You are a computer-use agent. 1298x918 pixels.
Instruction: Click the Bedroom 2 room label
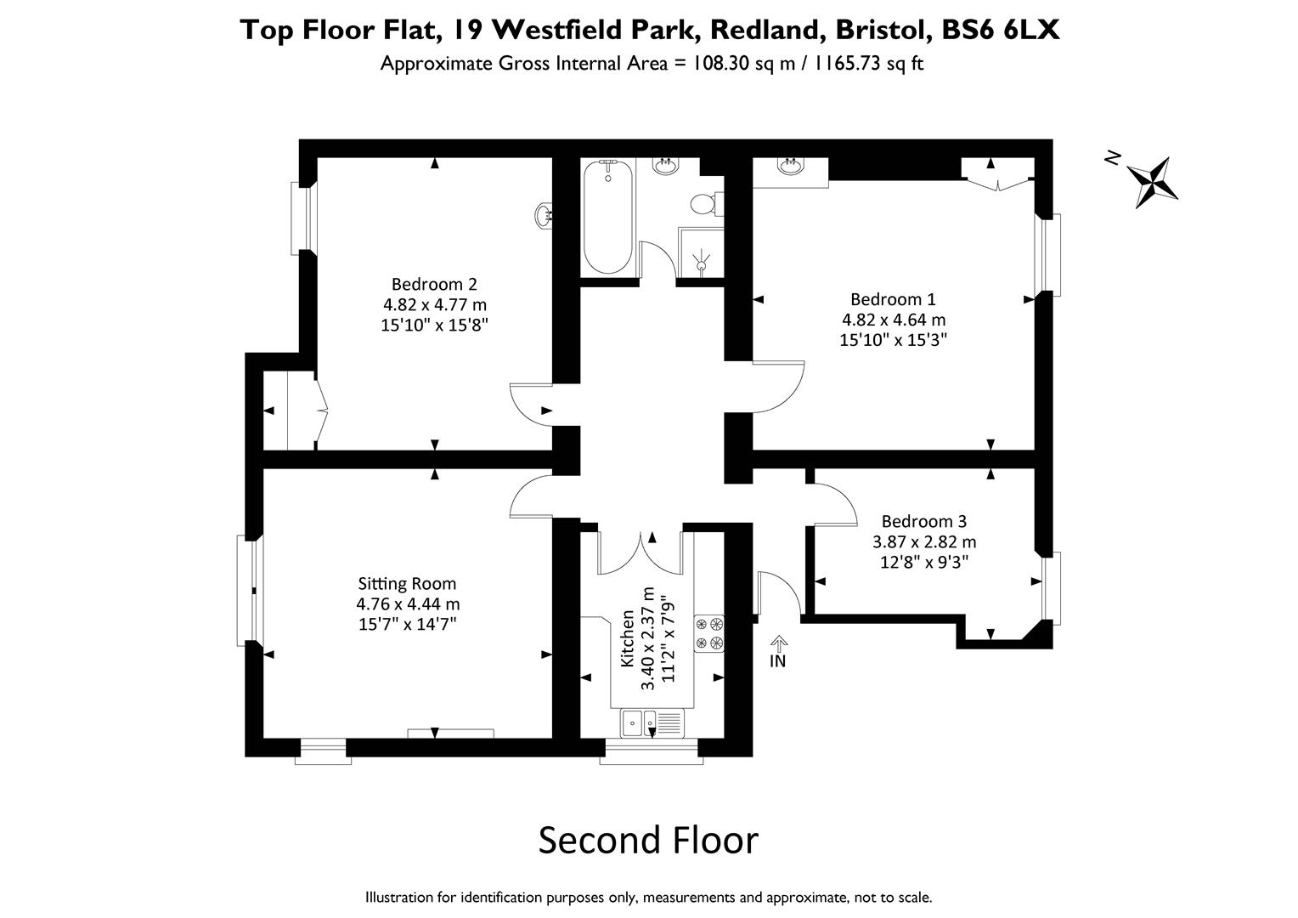(x=434, y=284)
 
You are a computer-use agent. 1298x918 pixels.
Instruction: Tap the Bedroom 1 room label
(x=893, y=299)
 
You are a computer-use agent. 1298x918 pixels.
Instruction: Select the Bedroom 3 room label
(x=923, y=521)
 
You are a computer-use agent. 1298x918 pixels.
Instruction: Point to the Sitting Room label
(x=407, y=584)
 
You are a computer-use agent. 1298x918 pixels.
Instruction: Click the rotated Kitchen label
(x=628, y=637)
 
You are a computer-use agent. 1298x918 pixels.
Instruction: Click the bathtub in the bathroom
(x=607, y=217)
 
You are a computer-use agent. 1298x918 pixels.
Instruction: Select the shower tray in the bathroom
(x=701, y=252)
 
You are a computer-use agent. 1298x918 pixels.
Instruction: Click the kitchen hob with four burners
(x=709, y=633)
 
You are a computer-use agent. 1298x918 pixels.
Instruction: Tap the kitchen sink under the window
(x=651, y=723)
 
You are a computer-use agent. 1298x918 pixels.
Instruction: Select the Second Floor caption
(x=648, y=840)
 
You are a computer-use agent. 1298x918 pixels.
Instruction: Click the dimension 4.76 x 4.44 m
(x=408, y=604)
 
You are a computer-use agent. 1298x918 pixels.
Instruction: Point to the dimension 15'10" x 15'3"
(x=893, y=340)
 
